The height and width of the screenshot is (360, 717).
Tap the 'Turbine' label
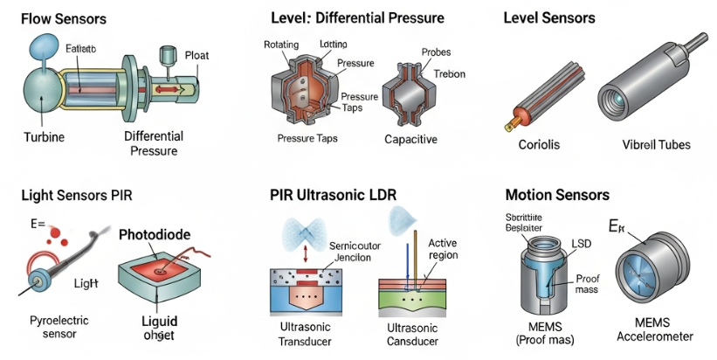pos(44,137)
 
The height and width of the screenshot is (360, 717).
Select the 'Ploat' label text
pos(196,55)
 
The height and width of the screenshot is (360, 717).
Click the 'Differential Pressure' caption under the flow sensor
pos(153,143)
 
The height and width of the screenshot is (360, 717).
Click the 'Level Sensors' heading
pos(550,17)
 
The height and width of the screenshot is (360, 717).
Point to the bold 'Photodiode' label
pos(153,235)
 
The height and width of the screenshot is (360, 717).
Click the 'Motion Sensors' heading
pos(556,194)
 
